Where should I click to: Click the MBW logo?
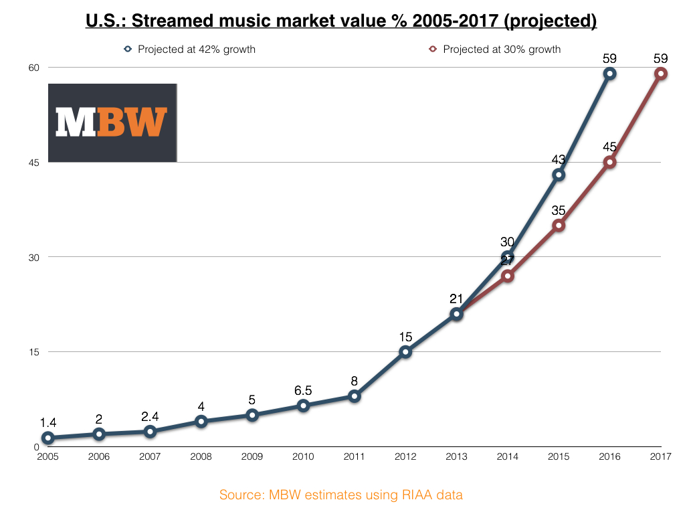coord(112,122)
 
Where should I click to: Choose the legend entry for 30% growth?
coord(495,49)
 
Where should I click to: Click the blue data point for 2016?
coord(609,74)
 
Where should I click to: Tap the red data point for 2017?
coord(660,74)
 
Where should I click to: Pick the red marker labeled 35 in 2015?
coord(559,226)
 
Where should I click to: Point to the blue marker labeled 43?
coord(559,175)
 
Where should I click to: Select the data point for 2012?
coord(405,352)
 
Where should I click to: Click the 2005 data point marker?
coord(47,438)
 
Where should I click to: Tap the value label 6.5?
coord(303,390)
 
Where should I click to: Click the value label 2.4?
coord(150,416)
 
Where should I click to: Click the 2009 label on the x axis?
coord(252,456)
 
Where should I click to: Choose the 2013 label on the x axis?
coord(456,456)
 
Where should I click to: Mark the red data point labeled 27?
coord(507,276)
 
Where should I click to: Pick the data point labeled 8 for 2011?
coord(354,396)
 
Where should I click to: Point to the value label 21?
coord(456,298)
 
